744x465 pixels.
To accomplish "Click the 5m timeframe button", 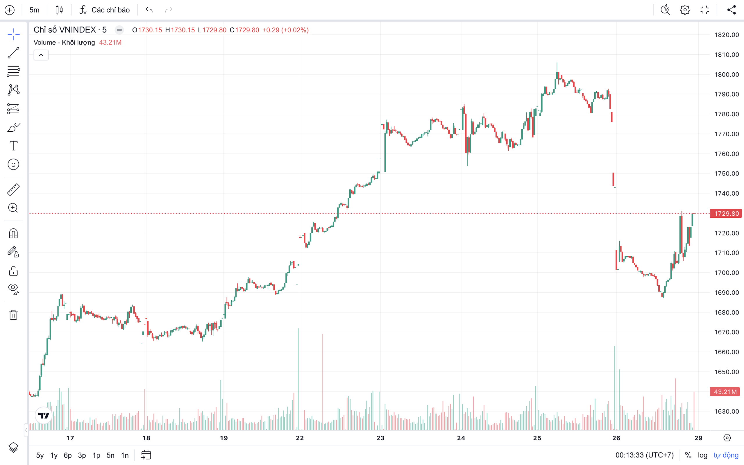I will point(34,10).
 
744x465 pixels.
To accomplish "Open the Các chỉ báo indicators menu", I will point(105,10).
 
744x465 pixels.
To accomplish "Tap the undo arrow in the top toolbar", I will point(149,10).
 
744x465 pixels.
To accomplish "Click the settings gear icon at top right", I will point(685,10).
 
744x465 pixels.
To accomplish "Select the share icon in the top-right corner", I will point(732,10).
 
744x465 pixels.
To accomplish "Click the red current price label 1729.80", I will point(726,213).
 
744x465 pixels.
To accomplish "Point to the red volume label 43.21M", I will point(725,391).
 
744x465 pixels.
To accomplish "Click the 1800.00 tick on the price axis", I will point(726,74).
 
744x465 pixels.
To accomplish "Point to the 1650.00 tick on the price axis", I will point(726,372).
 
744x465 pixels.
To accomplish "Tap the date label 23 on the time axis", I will point(380,438).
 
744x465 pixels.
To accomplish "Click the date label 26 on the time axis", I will point(616,438).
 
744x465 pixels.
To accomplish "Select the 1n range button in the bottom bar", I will point(124,455).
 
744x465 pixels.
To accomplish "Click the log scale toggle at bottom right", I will point(702,455).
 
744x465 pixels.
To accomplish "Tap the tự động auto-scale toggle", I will point(726,455).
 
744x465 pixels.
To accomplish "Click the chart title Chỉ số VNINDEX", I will point(65,30).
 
